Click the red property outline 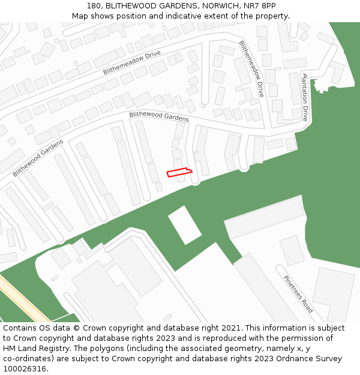[x=180, y=172]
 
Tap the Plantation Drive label [x=305, y=98]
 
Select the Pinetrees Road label [x=298, y=294]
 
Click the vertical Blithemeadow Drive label [x=251, y=69]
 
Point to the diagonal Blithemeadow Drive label [x=131, y=62]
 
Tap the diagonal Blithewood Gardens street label [x=38, y=158]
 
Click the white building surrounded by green [x=185, y=225]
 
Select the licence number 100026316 [x=26, y=369]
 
